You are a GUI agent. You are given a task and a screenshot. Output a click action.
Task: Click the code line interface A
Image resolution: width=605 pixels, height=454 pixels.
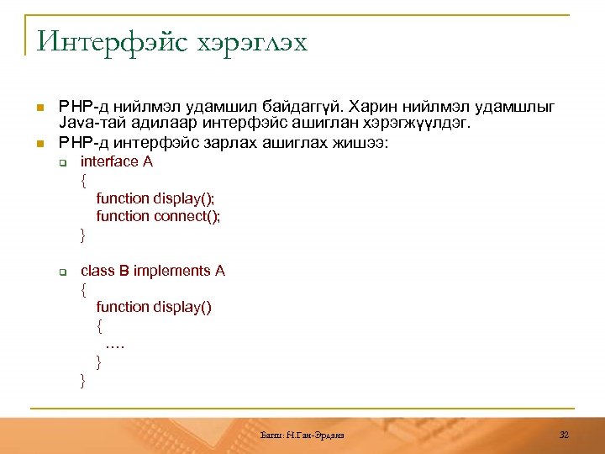116,161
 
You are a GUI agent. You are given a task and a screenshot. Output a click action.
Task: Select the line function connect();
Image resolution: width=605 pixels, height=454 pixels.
158,216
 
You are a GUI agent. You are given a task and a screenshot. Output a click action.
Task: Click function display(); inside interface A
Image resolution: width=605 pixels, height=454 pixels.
155,198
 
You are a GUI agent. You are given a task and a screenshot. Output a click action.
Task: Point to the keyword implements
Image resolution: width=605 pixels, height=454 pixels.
172,271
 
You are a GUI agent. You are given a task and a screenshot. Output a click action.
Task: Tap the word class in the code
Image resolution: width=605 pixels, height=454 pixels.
97,271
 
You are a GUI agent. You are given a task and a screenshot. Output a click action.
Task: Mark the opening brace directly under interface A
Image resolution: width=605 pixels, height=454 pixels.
83,180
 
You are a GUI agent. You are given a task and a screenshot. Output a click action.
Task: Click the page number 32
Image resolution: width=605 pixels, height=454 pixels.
564,435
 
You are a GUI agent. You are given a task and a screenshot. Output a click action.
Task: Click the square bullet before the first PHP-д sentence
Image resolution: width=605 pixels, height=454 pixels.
39,108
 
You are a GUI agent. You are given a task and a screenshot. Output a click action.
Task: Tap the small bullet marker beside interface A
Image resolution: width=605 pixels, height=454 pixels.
62,162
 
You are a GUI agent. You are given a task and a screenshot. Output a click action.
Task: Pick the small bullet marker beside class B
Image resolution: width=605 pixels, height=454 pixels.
62,272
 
